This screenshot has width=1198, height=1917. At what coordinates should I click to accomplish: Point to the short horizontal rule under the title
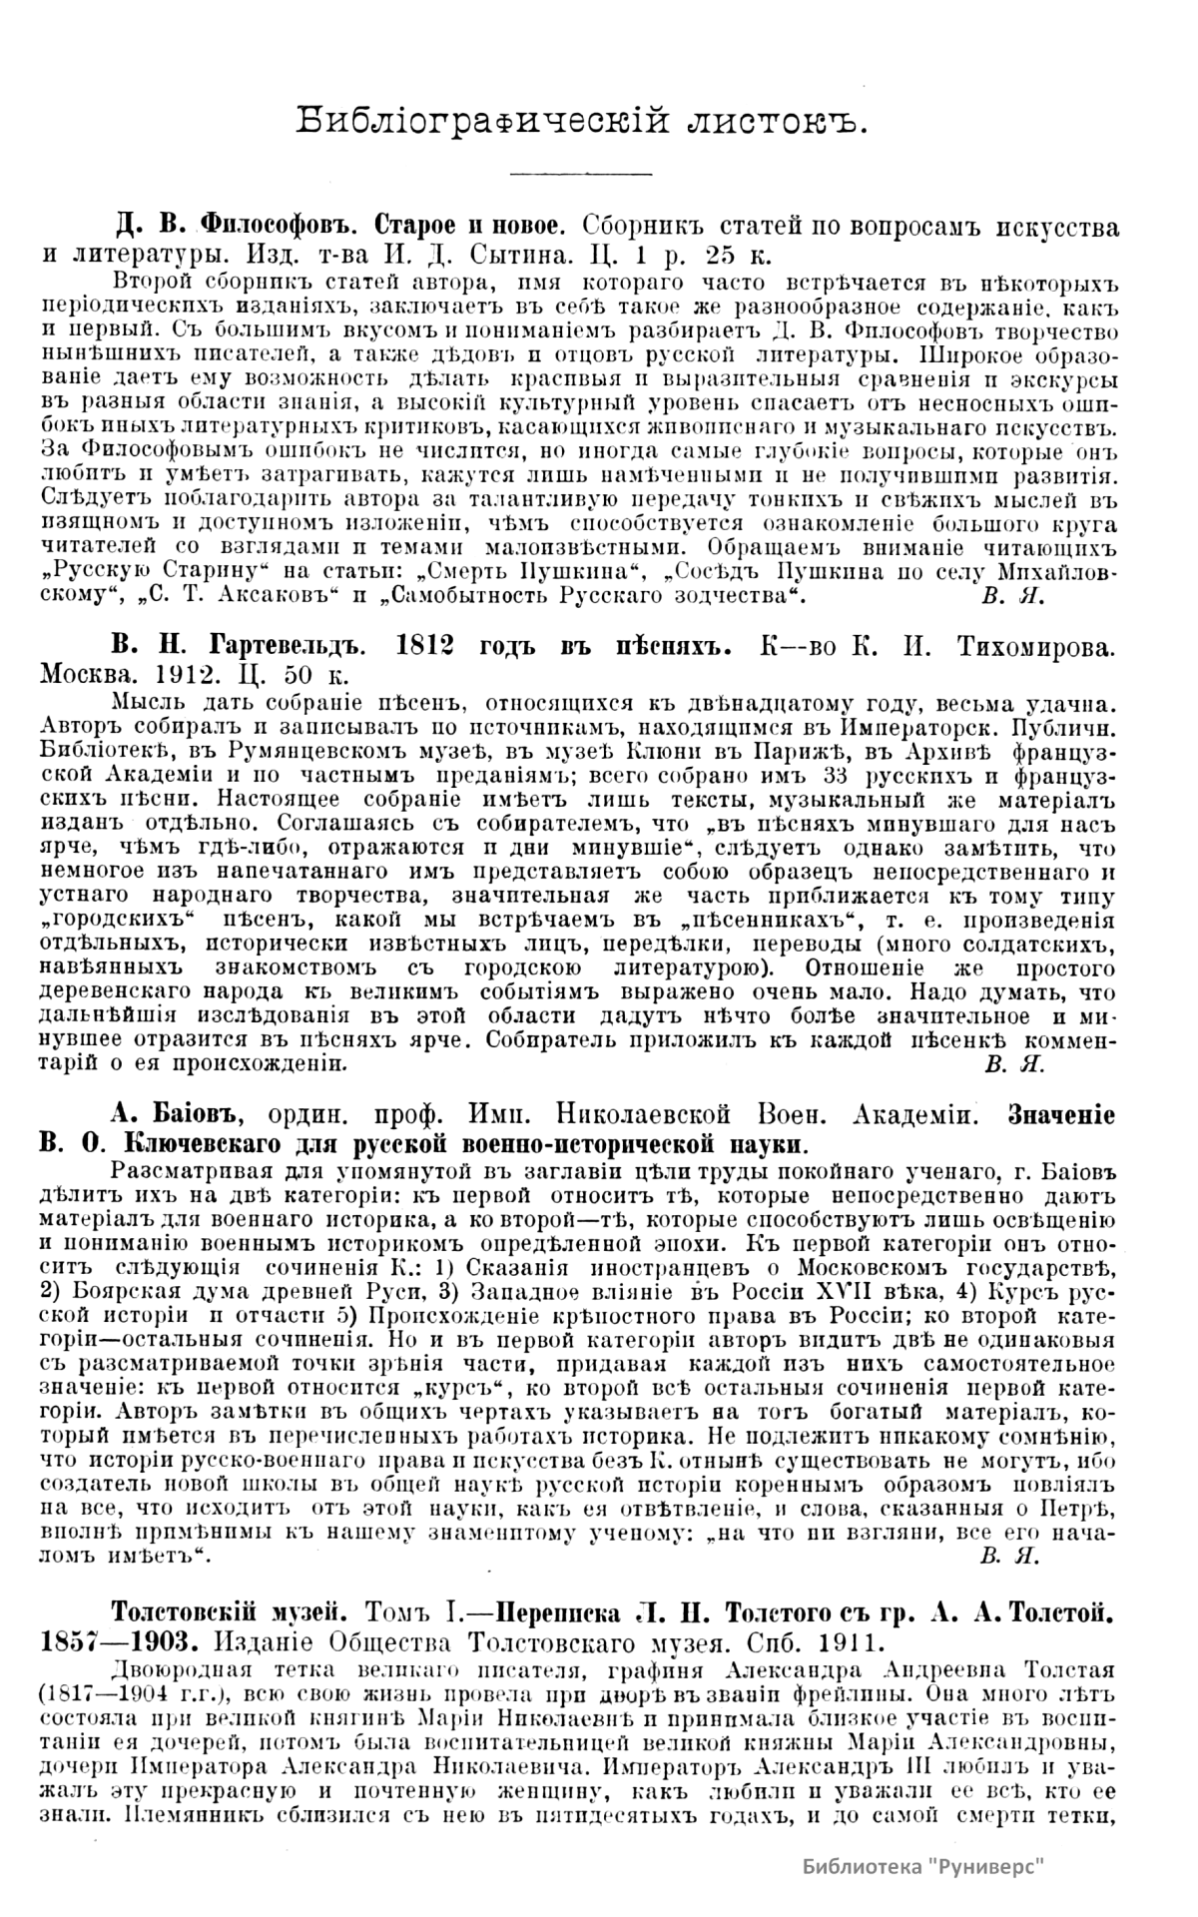[579, 174]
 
